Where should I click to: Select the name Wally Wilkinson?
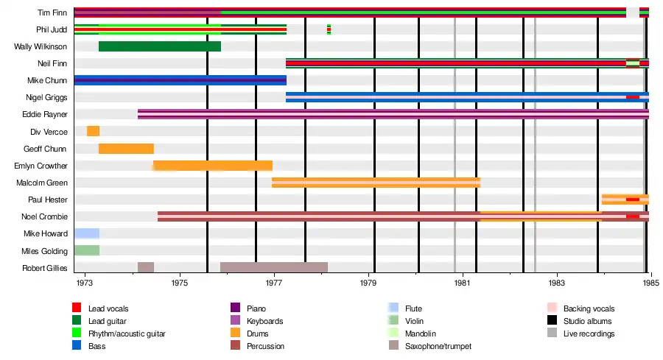click(x=41, y=47)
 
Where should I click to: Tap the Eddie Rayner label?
click(x=47, y=115)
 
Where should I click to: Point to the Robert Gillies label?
click(x=45, y=268)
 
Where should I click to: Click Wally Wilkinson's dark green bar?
click(x=159, y=47)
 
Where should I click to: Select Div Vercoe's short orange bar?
click(x=93, y=131)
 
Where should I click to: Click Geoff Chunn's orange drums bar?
click(x=126, y=149)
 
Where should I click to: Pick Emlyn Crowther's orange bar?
click(x=212, y=166)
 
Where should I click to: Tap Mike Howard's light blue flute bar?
click(x=87, y=233)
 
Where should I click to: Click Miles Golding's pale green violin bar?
click(x=87, y=250)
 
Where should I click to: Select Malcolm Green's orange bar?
click(x=376, y=183)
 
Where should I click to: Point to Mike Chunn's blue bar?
click(x=180, y=80)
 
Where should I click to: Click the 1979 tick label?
click(x=369, y=283)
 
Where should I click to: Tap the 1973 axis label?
click(x=85, y=283)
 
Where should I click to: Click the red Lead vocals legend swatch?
click(x=77, y=308)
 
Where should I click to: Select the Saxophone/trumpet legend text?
click(x=438, y=346)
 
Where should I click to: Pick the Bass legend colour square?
click(x=77, y=346)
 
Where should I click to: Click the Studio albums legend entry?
click(x=587, y=321)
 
